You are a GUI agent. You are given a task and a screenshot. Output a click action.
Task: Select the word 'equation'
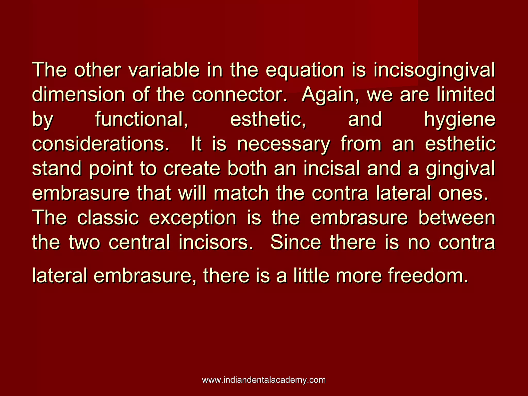point(305,70)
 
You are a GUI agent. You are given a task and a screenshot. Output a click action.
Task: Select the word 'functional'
point(141,120)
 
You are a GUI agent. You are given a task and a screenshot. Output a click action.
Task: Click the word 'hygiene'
point(460,120)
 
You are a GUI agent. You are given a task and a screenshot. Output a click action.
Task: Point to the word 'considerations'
point(101,144)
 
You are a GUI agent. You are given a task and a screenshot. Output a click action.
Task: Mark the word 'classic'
point(108,218)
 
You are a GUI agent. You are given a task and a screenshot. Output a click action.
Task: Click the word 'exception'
point(193,218)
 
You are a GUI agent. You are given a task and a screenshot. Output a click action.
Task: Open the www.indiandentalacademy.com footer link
point(264,380)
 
